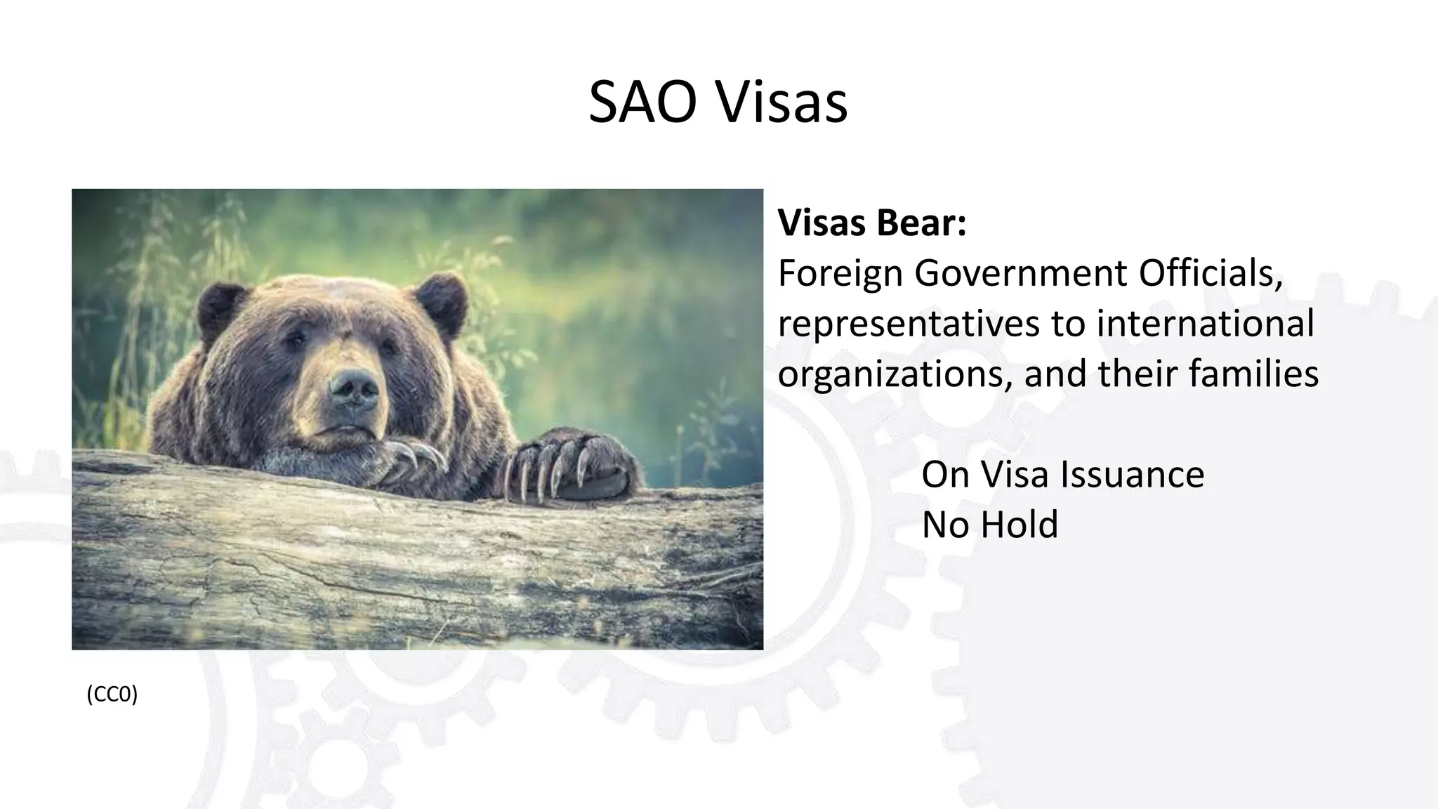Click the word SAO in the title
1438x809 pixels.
642,103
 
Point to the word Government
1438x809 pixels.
1022,273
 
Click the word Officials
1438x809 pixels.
1211,273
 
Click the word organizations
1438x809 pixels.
895,374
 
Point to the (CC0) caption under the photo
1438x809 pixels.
112,694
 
